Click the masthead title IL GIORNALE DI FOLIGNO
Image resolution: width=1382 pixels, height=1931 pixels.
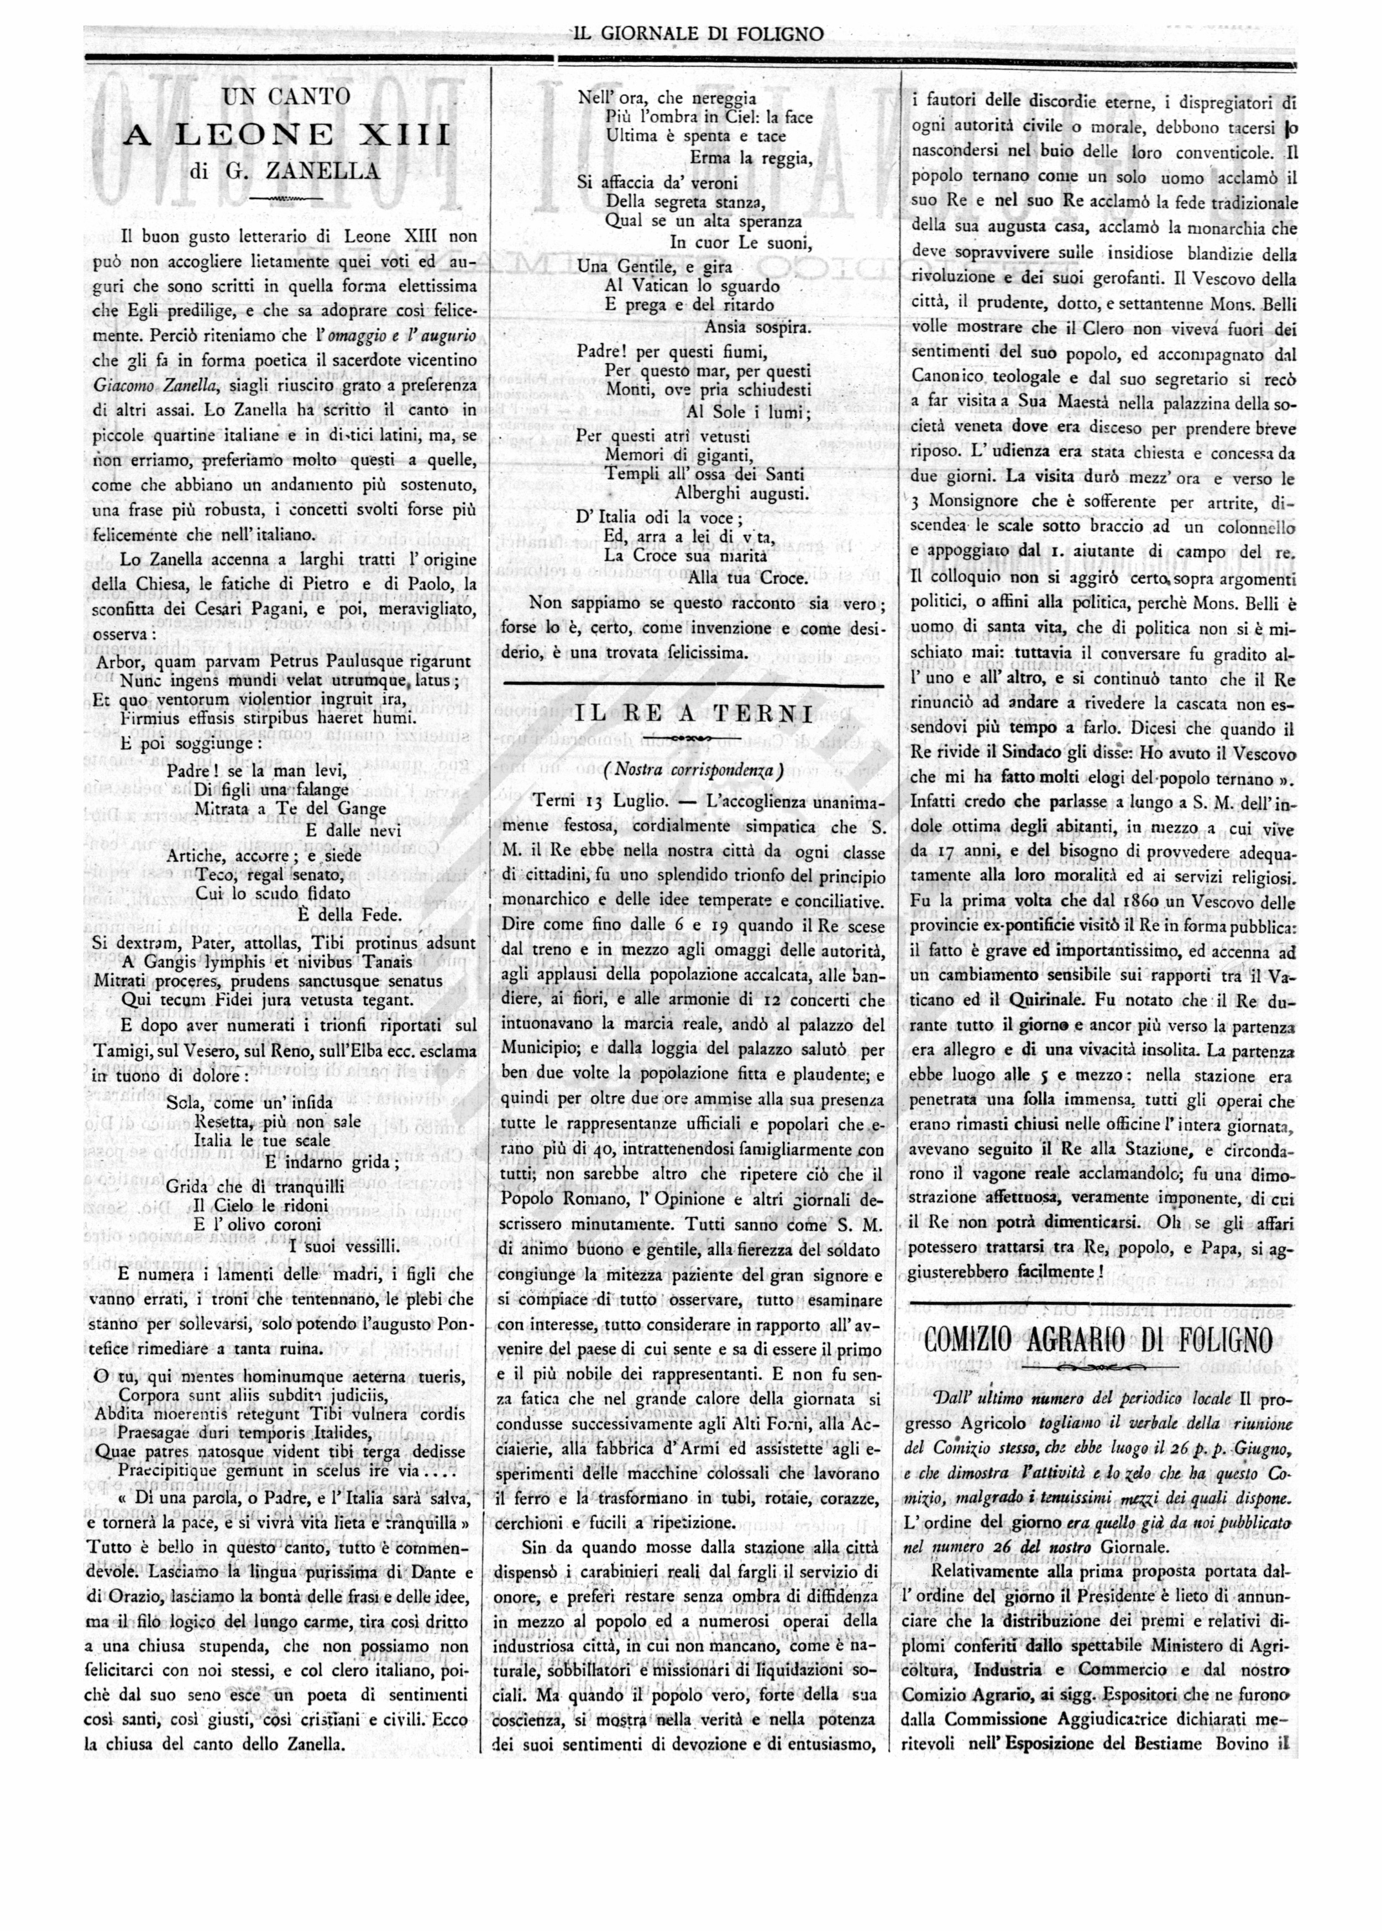(698, 34)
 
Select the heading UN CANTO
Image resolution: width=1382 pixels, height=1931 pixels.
(286, 97)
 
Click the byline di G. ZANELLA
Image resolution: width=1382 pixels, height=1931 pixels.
(286, 171)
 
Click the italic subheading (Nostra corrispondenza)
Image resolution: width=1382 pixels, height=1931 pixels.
(693, 770)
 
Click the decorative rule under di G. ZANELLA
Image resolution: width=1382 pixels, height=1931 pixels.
(286, 199)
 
